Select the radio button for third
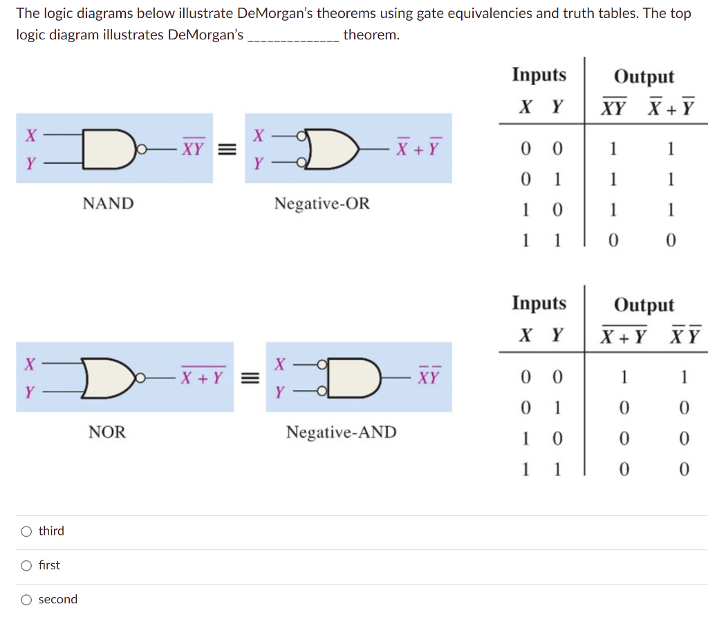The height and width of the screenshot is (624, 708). [x=26, y=531]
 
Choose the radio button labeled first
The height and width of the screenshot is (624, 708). [x=26, y=565]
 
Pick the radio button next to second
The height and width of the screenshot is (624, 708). [x=26, y=600]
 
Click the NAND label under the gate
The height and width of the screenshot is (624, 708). [x=108, y=203]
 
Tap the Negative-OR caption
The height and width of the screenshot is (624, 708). [x=322, y=203]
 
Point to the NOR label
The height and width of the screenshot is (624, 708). [x=107, y=432]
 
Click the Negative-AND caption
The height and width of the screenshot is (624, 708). [x=341, y=432]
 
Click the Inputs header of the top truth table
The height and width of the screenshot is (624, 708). [x=539, y=75]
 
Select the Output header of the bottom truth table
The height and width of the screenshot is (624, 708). [x=644, y=305]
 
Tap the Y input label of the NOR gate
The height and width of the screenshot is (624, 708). [x=30, y=392]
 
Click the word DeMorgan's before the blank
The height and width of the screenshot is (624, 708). [x=205, y=35]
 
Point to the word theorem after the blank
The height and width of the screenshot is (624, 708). [x=371, y=35]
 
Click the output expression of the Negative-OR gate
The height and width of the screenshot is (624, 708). [x=418, y=148]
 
